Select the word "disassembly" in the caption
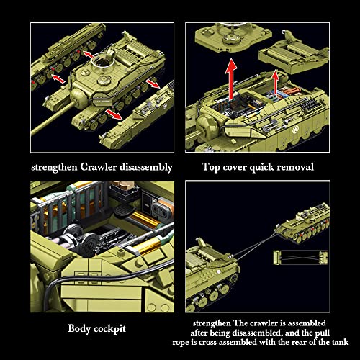coord(143,167)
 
